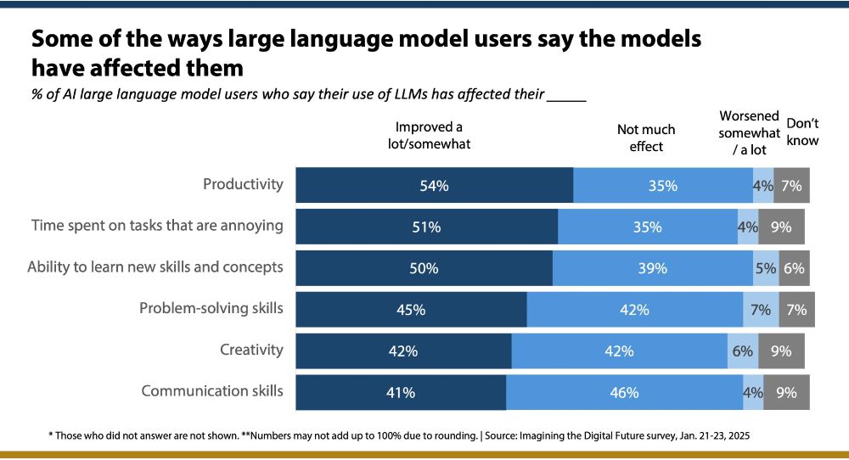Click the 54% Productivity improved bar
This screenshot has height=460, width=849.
[x=434, y=185]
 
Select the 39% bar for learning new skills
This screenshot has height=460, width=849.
[x=653, y=268]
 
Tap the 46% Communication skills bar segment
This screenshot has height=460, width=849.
[x=625, y=392]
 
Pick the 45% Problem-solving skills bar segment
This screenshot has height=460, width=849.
[x=411, y=310]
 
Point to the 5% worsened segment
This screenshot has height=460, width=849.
[x=765, y=268]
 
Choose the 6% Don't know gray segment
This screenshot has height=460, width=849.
[x=795, y=268]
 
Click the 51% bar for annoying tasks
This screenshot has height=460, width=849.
[x=427, y=227]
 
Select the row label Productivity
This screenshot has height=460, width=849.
[x=243, y=184]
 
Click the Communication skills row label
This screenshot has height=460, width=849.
[x=212, y=391]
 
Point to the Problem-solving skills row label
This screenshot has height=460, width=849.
[x=211, y=308]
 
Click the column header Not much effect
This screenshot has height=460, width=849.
[x=646, y=137]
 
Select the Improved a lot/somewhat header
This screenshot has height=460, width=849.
[x=423, y=136]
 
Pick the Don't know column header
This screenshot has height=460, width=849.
[x=802, y=131]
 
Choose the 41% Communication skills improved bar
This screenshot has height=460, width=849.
[x=401, y=392]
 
